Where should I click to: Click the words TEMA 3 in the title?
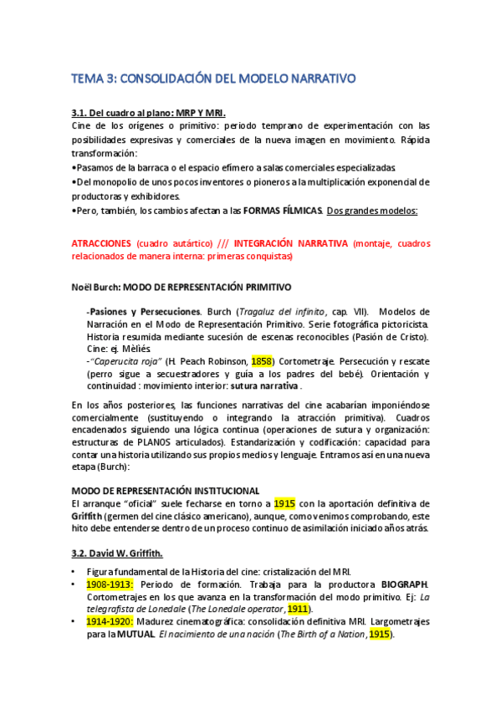click(x=94, y=79)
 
